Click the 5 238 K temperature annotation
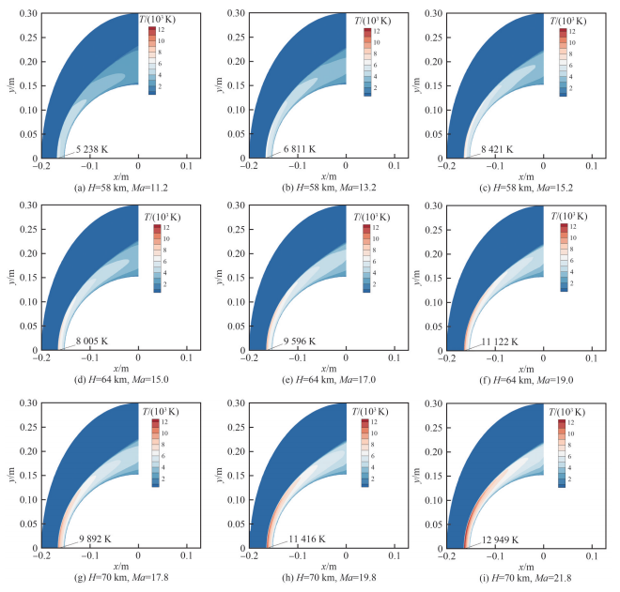coord(83,149)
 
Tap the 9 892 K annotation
coord(92,539)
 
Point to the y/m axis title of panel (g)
coord(9,476)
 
